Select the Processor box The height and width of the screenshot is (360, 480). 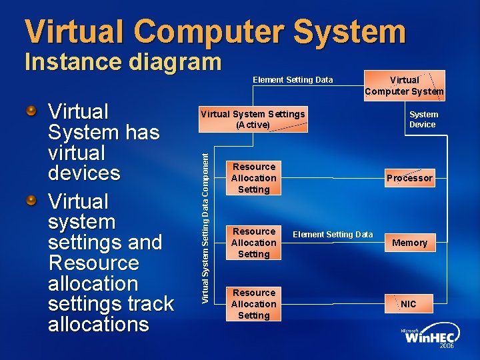(409, 178)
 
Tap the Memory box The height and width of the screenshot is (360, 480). (409, 243)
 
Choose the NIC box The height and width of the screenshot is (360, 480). (409, 304)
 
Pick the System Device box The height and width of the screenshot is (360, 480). (422, 119)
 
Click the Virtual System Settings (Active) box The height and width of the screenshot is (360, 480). (253, 119)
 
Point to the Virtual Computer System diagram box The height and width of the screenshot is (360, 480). (404, 85)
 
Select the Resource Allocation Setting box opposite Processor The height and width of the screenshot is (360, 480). (253, 178)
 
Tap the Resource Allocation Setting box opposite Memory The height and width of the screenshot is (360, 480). (253, 243)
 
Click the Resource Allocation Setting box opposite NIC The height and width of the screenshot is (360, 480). (253, 304)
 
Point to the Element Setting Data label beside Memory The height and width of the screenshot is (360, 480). (333, 235)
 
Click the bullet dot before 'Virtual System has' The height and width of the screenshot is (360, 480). (31, 110)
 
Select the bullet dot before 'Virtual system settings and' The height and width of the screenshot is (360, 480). (31, 200)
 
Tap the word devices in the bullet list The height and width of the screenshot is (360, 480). (84, 173)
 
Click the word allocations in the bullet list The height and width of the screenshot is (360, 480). (99, 324)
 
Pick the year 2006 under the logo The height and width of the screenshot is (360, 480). (447, 347)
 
